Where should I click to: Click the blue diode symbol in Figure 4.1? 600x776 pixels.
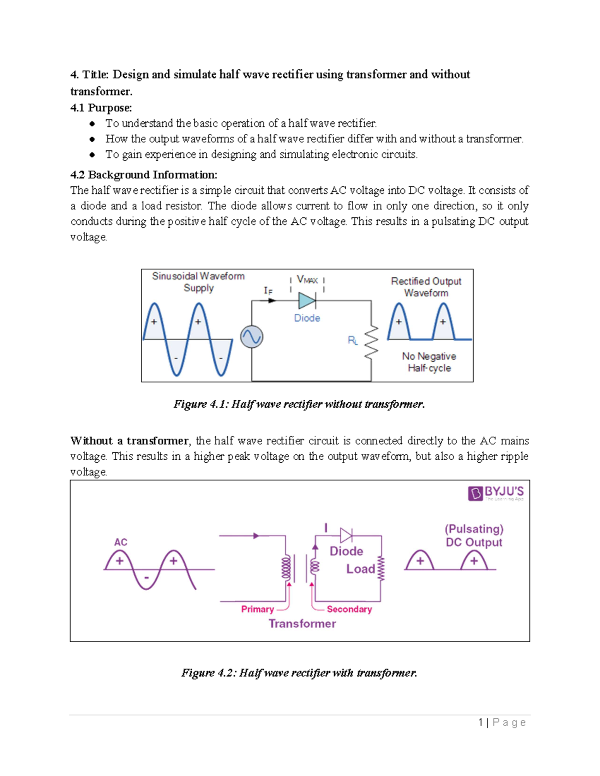pyautogui.click(x=306, y=300)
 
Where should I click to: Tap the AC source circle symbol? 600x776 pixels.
pyautogui.click(x=251, y=337)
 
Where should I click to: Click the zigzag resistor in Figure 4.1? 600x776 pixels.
pyautogui.click(x=371, y=342)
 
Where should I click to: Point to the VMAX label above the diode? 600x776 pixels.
pyautogui.click(x=307, y=280)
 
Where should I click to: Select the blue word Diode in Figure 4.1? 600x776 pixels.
pyautogui.click(x=307, y=318)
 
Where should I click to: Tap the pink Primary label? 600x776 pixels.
pyautogui.click(x=257, y=609)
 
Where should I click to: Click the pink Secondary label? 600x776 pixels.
pyautogui.click(x=349, y=609)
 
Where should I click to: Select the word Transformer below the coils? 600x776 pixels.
pyautogui.click(x=302, y=624)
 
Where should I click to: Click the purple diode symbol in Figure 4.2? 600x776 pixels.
pyautogui.click(x=346, y=536)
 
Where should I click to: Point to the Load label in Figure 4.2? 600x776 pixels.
pyautogui.click(x=360, y=569)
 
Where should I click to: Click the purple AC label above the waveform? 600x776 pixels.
pyautogui.click(x=120, y=542)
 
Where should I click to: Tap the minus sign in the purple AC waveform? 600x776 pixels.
pyautogui.click(x=146, y=578)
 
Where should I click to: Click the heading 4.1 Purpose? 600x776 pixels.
pyautogui.click(x=101, y=107)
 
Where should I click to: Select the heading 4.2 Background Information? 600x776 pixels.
pyautogui.click(x=144, y=174)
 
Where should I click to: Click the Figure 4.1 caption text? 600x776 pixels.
pyautogui.click(x=299, y=404)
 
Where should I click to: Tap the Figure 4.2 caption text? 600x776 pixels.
pyautogui.click(x=299, y=673)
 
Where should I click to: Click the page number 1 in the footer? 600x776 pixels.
pyautogui.click(x=480, y=722)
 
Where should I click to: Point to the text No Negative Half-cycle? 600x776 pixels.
pyautogui.click(x=429, y=362)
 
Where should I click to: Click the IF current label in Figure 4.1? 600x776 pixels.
pyautogui.click(x=268, y=291)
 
